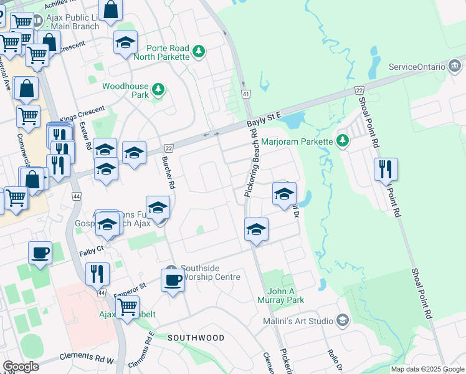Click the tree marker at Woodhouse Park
(159, 90)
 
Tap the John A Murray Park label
(285, 295)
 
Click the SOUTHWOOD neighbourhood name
(196, 338)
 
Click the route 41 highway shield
(247, 94)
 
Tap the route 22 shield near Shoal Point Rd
(359, 90)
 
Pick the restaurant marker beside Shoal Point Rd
(386, 169)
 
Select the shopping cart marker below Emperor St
(128, 306)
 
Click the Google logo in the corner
(21, 367)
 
